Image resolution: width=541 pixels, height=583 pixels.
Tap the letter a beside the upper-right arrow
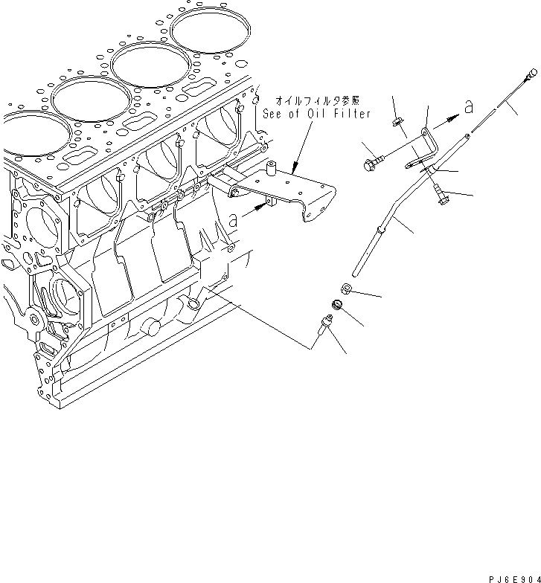click(468, 107)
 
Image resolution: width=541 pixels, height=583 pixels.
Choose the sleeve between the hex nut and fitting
click(336, 305)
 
